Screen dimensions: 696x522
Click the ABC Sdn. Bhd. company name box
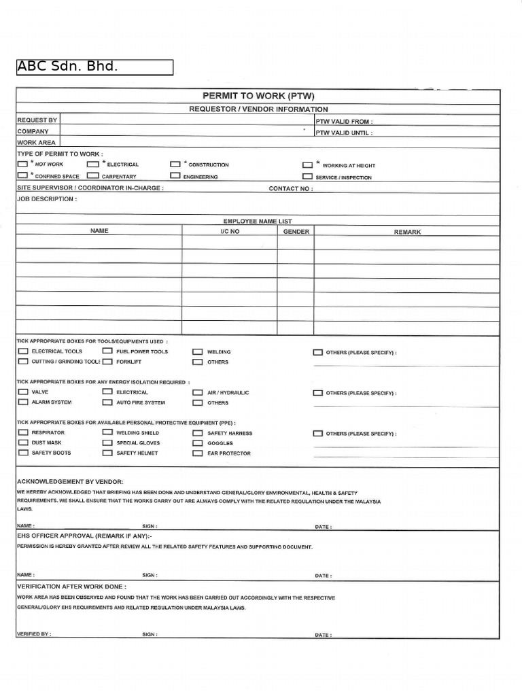point(94,67)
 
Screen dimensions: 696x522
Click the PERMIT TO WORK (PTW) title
point(258,96)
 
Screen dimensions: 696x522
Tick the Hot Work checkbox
point(23,164)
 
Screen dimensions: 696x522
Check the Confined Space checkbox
point(23,175)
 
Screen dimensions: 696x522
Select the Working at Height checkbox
point(307,164)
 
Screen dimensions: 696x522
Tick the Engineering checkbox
point(175,175)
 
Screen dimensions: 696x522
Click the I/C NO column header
point(230,231)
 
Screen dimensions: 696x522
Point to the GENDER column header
point(296,231)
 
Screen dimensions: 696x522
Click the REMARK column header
point(407,232)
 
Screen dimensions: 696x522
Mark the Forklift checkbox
point(107,362)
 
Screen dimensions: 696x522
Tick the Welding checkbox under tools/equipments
point(197,352)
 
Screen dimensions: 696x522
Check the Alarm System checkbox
point(23,402)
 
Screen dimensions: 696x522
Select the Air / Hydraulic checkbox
point(197,393)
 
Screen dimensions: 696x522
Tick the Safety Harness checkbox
point(197,433)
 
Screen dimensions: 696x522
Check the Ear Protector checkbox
point(197,453)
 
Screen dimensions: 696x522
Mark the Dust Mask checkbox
point(23,442)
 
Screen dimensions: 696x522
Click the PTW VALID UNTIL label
point(343,133)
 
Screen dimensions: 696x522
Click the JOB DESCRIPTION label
point(47,199)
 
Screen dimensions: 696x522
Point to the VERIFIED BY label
point(34,634)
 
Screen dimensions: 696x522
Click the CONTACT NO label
point(291,189)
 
